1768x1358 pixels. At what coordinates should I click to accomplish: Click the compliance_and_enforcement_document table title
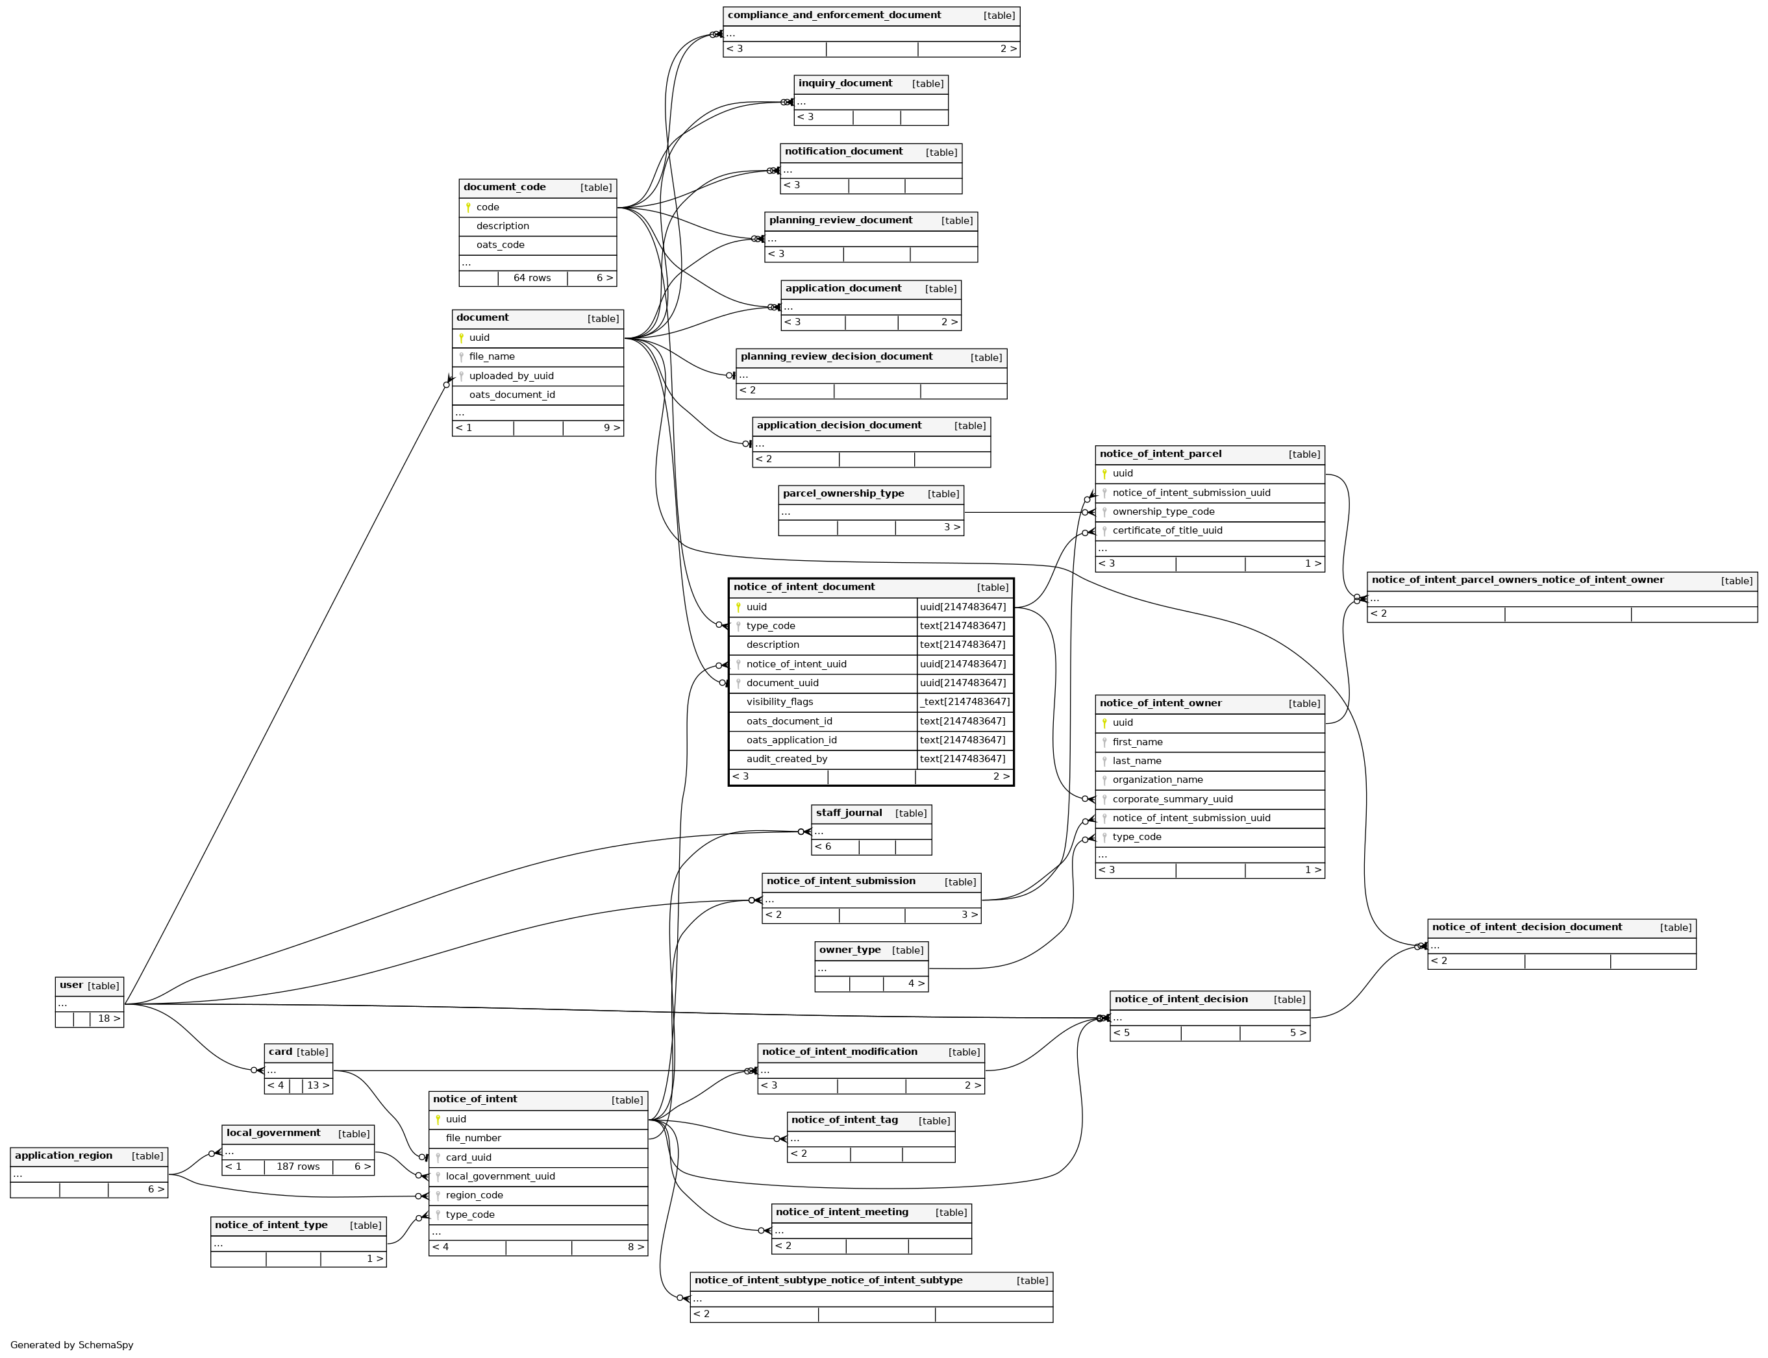834,16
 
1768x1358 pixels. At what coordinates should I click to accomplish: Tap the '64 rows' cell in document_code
531,278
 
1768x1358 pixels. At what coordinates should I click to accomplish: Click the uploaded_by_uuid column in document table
511,376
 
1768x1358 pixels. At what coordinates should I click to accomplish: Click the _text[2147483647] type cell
964,702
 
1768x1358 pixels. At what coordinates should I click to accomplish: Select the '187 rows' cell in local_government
297,1167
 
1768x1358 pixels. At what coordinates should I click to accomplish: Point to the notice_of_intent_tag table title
844,1120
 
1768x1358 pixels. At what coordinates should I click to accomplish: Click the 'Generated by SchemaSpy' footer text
72,1344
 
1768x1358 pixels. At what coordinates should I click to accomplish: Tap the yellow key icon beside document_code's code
468,208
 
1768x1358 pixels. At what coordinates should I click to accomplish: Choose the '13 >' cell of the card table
317,1085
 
